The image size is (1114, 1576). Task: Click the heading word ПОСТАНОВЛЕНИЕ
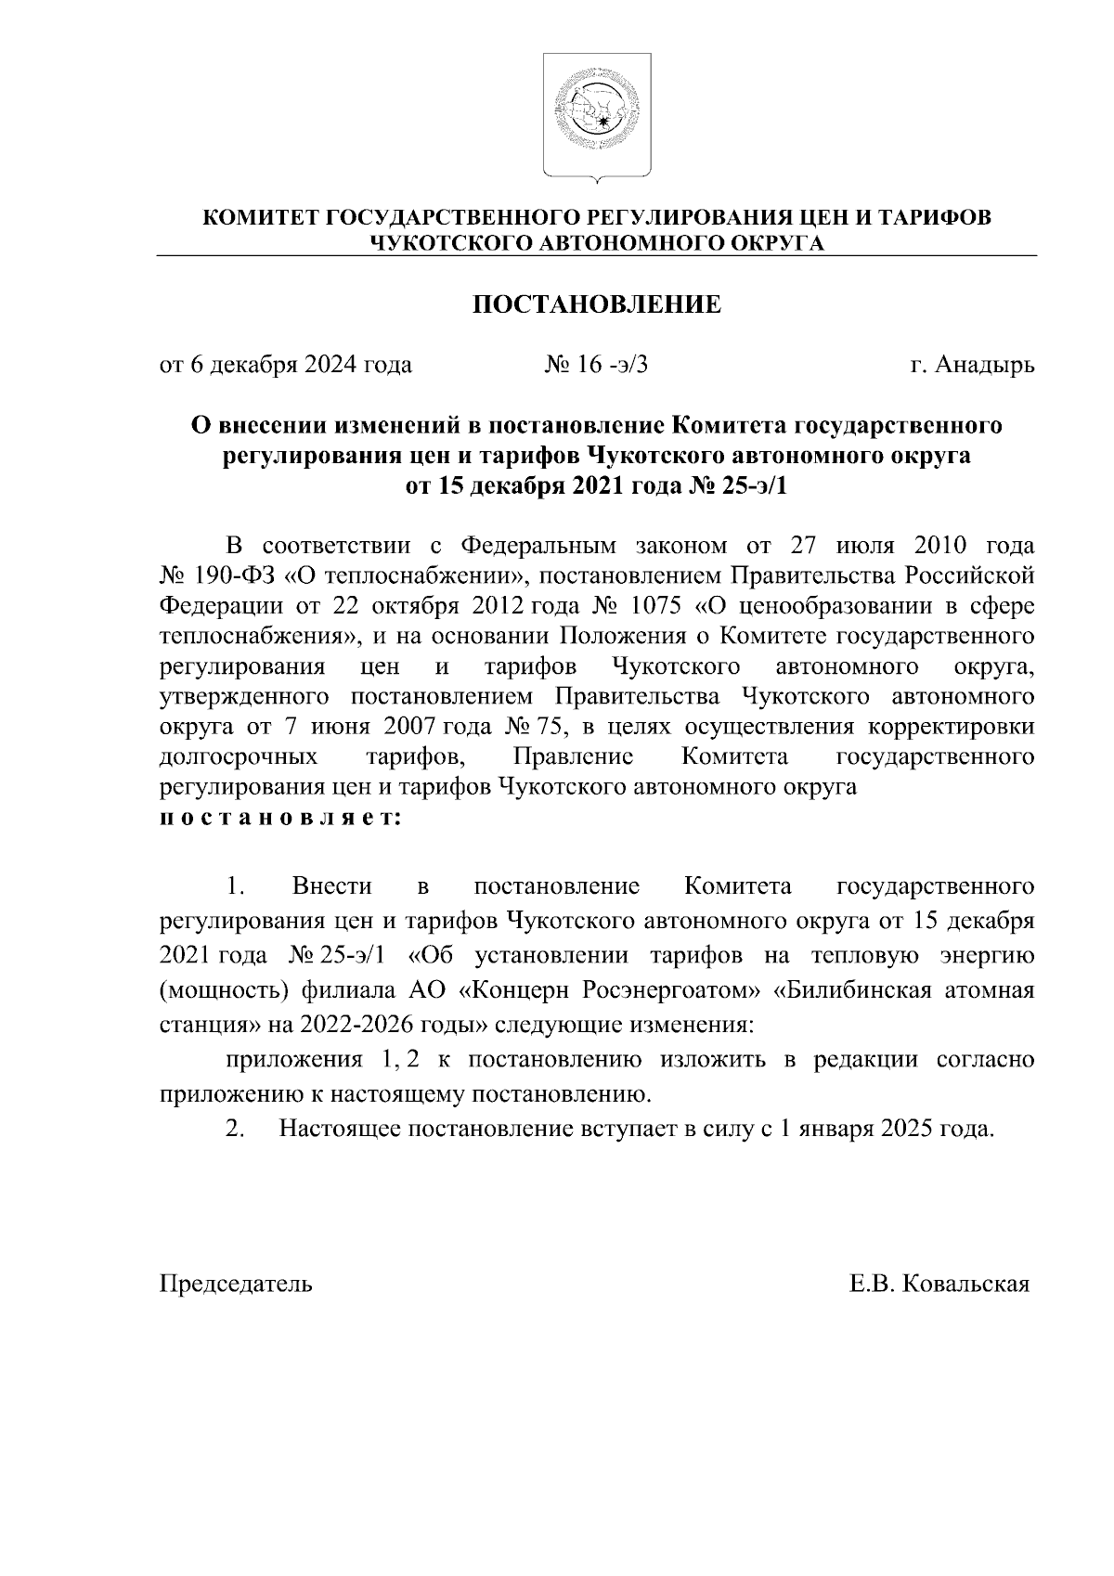click(597, 304)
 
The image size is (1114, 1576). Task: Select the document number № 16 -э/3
click(595, 365)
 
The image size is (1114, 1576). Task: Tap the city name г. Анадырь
click(972, 365)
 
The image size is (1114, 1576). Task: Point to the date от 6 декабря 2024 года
click(287, 365)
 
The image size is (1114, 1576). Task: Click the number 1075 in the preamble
click(656, 606)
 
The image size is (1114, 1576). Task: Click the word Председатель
click(237, 1284)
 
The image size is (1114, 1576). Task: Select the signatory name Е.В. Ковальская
click(939, 1284)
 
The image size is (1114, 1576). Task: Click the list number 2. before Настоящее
click(235, 1130)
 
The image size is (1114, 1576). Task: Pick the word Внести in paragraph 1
click(331, 886)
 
